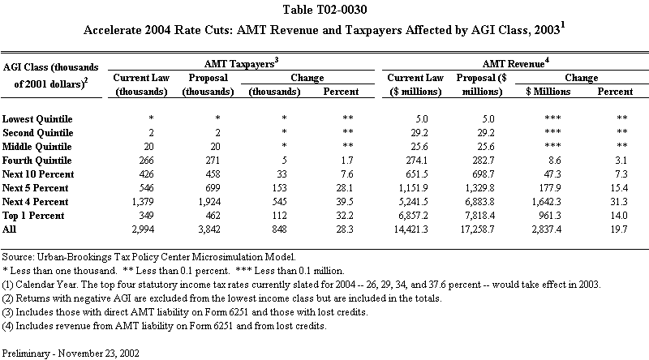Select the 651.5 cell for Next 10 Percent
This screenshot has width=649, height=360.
click(x=423, y=174)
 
